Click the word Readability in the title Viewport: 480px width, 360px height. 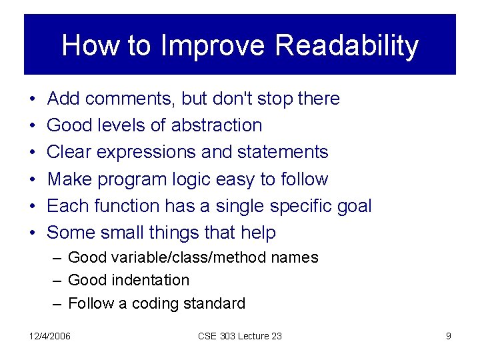pyautogui.click(x=346, y=46)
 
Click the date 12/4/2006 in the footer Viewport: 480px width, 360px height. pyautogui.click(x=51, y=336)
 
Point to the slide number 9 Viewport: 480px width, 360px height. pyautogui.click(x=448, y=336)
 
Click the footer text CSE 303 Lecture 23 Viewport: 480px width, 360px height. pyautogui.click(x=240, y=336)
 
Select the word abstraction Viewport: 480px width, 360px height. pyautogui.click(x=217, y=125)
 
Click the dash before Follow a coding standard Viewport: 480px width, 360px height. pyautogui.click(x=58, y=303)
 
